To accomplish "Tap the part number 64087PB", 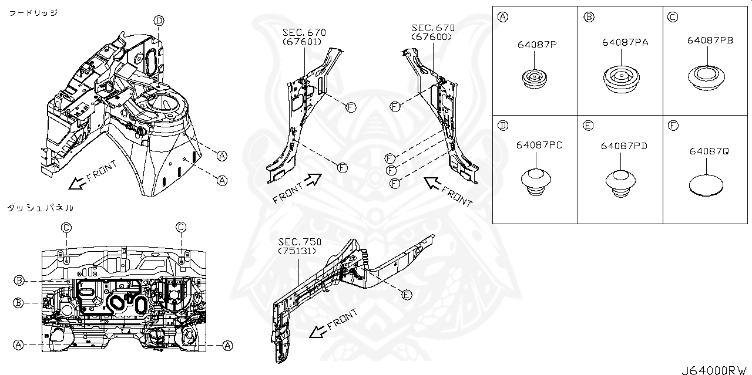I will coord(710,40).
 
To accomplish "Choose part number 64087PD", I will coord(624,146).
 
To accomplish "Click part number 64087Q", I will coord(709,151).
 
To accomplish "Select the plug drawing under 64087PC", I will coord(537,180).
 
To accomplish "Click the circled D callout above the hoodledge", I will coord(159,21).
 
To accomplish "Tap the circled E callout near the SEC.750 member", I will coord(407,295).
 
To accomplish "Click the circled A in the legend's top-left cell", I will coord(503,16).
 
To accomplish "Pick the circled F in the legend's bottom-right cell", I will coord(673,125).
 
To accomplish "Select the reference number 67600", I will coord(432,37).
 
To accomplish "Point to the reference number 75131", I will coord(298,251).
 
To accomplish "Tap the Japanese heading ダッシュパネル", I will coord(40,208).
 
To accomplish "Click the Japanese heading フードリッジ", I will coord(33,12).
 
